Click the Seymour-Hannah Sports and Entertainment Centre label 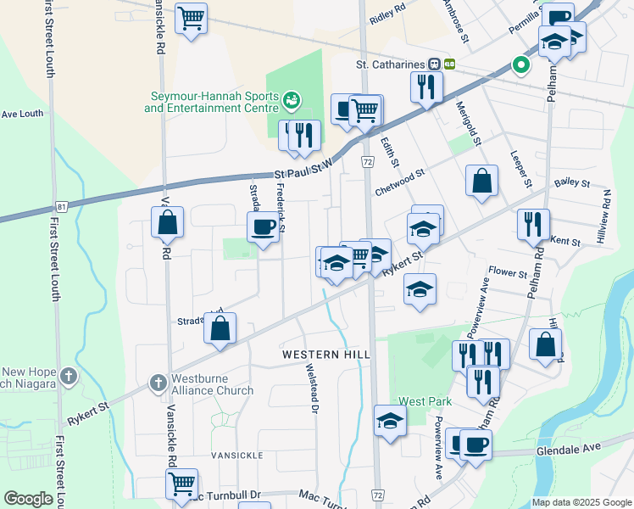coord(210,102)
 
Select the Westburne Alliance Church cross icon coord(158,384)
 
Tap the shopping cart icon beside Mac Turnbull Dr coord(181,484)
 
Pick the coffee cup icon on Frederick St coord(263,227)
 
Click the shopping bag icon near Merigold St coord(481,180)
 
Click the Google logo coord(29,499)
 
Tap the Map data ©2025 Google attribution coord(581,502)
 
